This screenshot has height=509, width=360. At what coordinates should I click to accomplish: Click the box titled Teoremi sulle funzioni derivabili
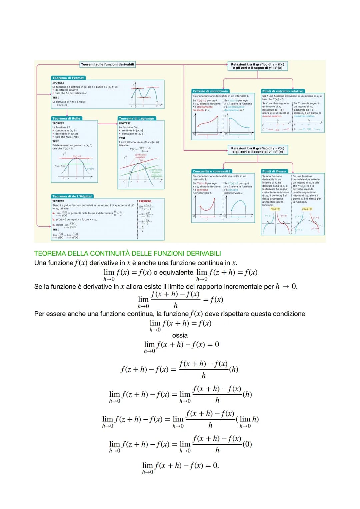pos(107,64)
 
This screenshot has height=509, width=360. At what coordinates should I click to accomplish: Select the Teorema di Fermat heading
pos(68,78)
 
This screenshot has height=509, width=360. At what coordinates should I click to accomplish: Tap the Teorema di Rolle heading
pos(66,118)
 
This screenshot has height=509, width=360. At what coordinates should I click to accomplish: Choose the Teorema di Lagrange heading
pos(136,118)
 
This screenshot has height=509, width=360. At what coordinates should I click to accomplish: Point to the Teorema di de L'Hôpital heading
pos(72,196)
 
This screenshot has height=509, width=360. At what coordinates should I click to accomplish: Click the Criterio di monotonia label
pos(210,91)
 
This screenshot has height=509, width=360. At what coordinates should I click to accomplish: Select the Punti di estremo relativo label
pos(283,91)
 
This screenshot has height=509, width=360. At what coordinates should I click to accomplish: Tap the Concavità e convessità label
pos(211,171)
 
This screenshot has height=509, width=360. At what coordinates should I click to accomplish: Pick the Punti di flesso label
pos(274,171)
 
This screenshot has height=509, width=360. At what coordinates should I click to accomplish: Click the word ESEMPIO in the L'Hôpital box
pos(145,201)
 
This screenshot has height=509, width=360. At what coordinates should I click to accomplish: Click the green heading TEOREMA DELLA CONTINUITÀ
pos(127,253)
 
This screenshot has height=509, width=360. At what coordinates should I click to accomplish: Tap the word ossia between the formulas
pos(180,335)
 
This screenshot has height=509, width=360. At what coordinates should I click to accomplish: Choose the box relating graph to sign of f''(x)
pos(258,150)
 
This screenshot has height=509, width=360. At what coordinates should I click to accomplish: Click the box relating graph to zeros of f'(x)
pos(258,66)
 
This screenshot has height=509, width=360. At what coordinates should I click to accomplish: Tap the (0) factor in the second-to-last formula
pos(247,444)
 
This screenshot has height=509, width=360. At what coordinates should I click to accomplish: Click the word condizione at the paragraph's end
pos(289,314)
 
